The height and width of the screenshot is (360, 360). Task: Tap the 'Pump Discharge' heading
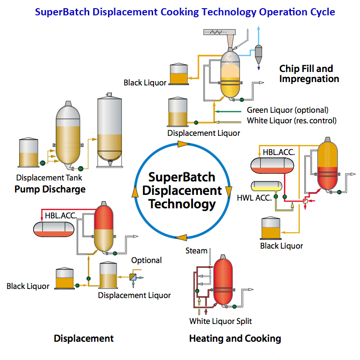[50, 189]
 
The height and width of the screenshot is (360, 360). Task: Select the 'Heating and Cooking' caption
[235, 338]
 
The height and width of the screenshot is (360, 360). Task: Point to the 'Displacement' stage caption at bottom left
[84, 338]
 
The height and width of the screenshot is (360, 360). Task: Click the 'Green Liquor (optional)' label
[288, 110]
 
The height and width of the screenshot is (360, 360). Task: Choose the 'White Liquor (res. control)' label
[291, 120]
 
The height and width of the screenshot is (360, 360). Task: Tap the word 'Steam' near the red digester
[196, 251]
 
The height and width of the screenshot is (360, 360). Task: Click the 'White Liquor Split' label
[220, 321]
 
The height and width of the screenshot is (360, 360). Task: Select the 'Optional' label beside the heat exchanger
[146, 260]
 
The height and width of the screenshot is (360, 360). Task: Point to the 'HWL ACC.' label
[253, 197]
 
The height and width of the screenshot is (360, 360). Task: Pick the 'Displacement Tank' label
[49, 178]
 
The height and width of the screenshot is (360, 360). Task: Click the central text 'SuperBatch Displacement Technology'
[182, 190]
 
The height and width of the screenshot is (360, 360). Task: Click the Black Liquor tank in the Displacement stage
[64, 278]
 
